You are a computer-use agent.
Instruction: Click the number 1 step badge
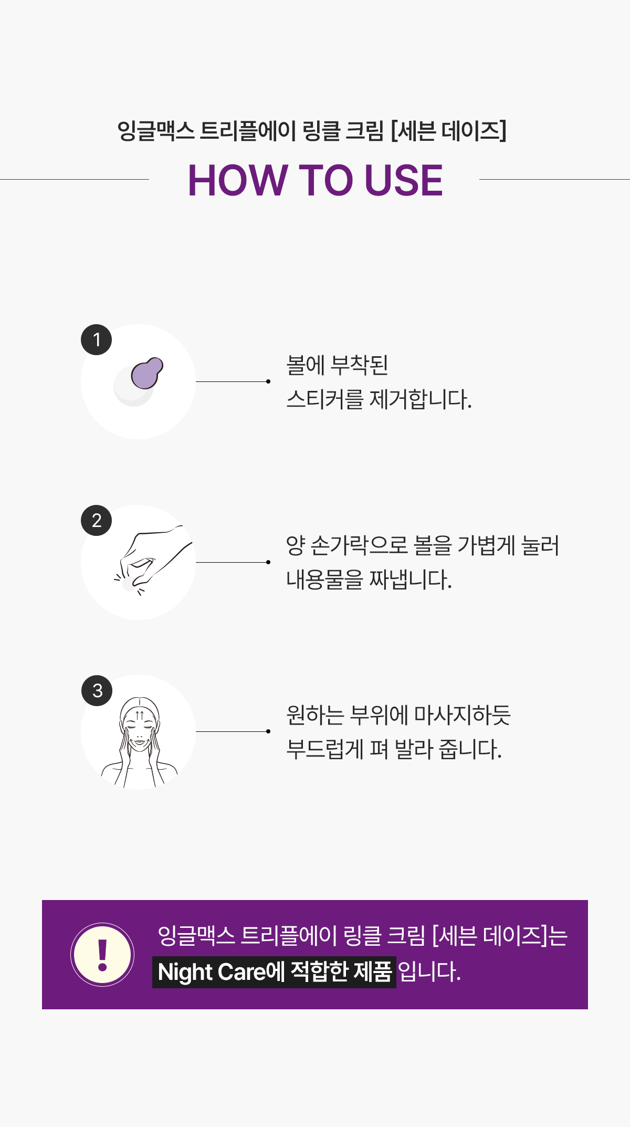[97, 339]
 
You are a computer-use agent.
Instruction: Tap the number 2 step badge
[97, 520]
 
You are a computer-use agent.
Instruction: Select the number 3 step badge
[97, 690]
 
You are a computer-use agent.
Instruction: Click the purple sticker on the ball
[147, 373]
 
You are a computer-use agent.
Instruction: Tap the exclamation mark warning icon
[102, 955]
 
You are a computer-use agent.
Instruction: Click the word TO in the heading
[325, 180]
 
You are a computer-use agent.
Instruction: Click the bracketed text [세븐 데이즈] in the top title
[449, 131]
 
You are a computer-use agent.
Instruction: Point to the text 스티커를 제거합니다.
[379, 399]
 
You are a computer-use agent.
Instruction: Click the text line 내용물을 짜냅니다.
[369, 580]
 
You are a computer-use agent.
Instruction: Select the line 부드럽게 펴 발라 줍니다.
[394, 749]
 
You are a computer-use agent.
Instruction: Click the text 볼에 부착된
[337, 365]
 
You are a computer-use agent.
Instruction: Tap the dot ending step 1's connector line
[268, 381]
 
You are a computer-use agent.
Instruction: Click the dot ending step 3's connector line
[268, 731]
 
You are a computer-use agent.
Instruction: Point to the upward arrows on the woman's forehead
[140, 715]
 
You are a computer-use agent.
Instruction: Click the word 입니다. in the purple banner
[429, 972]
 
